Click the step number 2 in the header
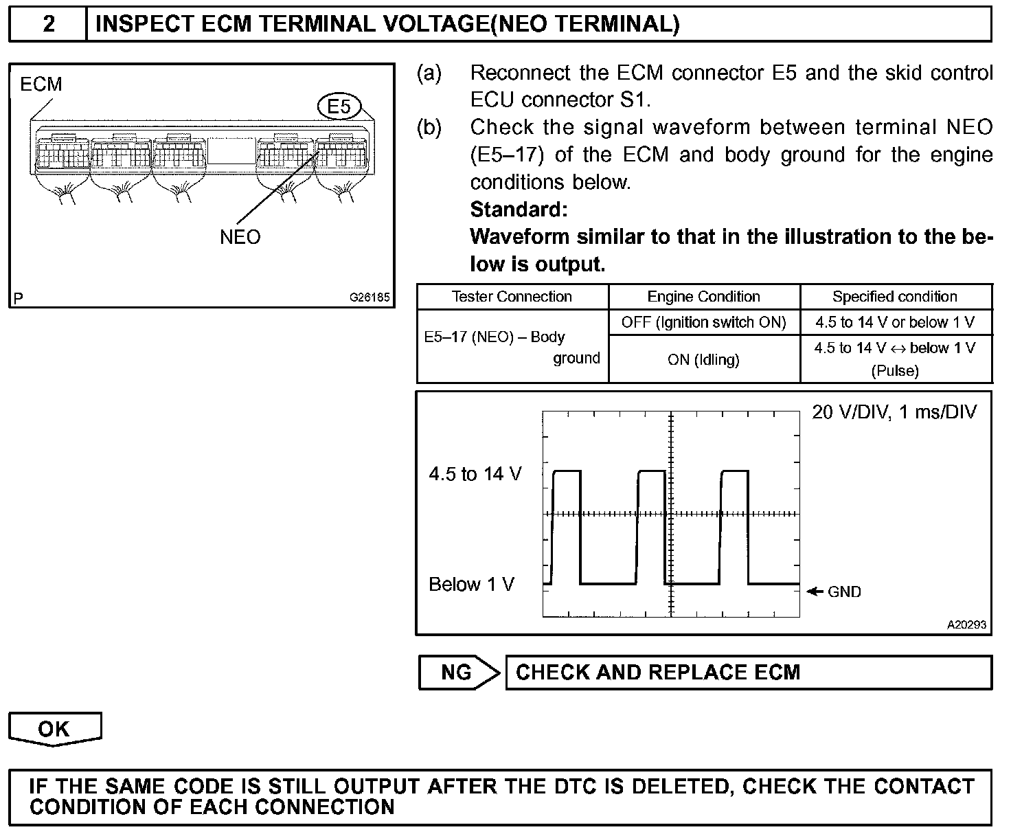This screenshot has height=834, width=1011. (x=48, y=24)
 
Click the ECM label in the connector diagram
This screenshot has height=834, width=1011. (x=41, y=84)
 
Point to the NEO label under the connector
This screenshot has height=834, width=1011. (x=240, y=237)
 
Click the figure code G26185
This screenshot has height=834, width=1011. (x=370, y=298)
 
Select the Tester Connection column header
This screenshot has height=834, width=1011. (x=512, y=297)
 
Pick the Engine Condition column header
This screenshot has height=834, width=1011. (x=703, y=297)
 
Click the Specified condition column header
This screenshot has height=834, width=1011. (x=895, y=297)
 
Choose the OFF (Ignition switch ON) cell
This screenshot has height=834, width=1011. (x=703, y=322)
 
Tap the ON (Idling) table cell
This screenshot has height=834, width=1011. (x=703, y=359)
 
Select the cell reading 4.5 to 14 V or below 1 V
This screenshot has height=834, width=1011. (x=895, y=322)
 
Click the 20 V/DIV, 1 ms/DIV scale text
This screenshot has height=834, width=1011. (x=894, y=412)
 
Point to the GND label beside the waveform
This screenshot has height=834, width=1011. (x=844, y=591)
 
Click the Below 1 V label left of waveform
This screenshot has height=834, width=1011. (x=471, y=585)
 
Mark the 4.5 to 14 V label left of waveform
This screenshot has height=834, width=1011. (x=475, y=474)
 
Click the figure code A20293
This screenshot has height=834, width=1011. (x=966, y=625)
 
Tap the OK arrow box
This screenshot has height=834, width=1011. (x=54, y=729)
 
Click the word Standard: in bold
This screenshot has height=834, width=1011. (x=519, y=209)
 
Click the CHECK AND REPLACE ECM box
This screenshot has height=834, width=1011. (x=748, y=672)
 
